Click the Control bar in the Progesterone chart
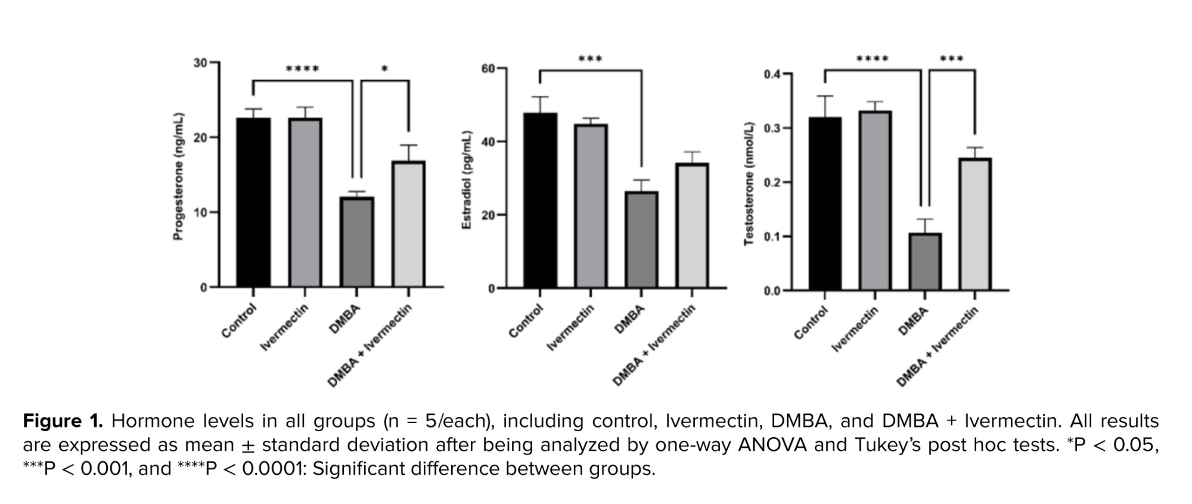[x=253, y=203]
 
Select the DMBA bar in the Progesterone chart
[x=357, y=242]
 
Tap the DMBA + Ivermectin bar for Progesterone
[x=409, y=224]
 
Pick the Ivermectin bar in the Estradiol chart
[x=591, y=206]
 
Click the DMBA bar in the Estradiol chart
[x=641, y=240]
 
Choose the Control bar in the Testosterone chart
[x=825, y=204]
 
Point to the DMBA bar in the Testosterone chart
[x=925, y=262]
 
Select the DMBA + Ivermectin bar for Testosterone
[x=975, y=224]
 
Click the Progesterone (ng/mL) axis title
[x=178, y=177]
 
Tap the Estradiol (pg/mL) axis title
[x=467, y=180]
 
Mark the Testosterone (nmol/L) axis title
[x=749, y=184]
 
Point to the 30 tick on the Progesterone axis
[x=200, y=63]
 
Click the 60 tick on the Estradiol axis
[x=488, y=69]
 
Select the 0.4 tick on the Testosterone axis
[x=772, y=75]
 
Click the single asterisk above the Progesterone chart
[x=384, y=70]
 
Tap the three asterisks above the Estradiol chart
[x=590, y=59]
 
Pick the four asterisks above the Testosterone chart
[x=873, y=59]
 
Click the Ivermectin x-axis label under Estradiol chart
[x=570, y=327]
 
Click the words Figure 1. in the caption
[x=63, y=421]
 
